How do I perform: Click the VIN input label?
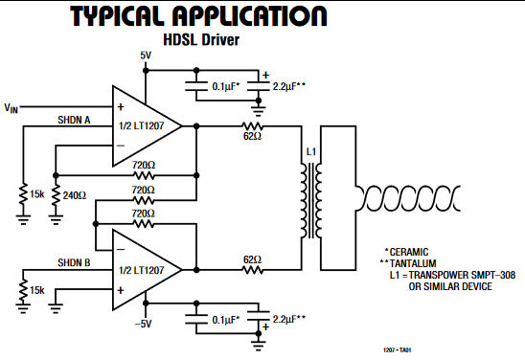(x=11, y=108)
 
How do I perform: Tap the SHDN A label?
(x=74, y=120)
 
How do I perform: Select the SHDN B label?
(x=74, y=262)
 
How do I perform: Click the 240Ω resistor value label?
(x=75, y=195)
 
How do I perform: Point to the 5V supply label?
(x=146, y=56)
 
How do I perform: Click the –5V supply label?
(x=144, y=324)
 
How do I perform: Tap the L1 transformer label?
(x=311, y=152)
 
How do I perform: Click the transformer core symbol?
(x=311, y=201)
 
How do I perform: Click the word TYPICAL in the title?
(x=117, y=16)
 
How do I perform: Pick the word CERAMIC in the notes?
(x=409, y=252)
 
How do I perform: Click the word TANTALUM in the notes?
(x=413, y=263)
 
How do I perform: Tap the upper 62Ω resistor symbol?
(x=253, y=126)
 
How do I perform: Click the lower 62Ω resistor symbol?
(x=253, y=270)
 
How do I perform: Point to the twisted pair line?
(x=408, y=198)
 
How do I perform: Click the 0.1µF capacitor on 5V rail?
(x=196, y=86)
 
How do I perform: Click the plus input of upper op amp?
(x=121, y=107)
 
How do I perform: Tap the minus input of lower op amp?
(x=121, y=250)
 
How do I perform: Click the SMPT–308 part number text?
(x=492, y=275)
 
